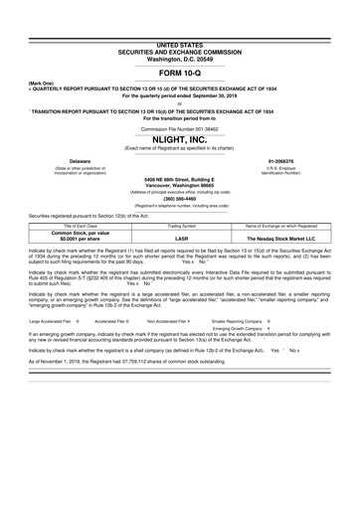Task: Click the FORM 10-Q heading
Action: point(179,74)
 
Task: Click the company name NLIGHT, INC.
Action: point(179,139)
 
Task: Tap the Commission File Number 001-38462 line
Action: point(179,127)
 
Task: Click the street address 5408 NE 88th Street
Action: point(179,180)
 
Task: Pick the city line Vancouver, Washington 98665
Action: point(179,186)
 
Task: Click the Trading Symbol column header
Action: point(181,228)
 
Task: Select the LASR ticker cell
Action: point(181,239)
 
